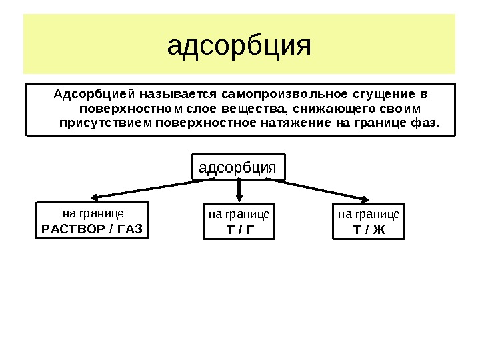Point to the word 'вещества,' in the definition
[x=254, y=108]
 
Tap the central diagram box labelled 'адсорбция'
[x=238, y=167]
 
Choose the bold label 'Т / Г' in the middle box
[x=239, y=231]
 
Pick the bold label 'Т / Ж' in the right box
[x=369, y=231]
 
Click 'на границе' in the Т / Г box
[x=239, y=215]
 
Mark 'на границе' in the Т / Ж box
[x=369, y=215]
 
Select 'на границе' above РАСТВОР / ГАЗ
[x=93, y=214]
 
